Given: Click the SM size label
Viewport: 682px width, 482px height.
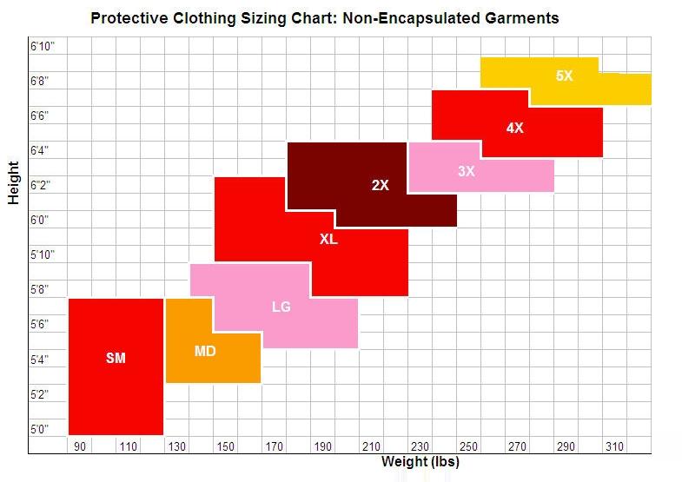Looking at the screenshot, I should [116, 358].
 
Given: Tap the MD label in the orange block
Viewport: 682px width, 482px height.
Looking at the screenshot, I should [205, 352].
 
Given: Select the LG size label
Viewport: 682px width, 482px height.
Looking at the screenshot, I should [281, 307].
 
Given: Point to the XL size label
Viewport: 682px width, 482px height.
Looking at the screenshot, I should [328, 239].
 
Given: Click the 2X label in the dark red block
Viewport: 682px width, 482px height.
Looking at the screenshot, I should [380, 185].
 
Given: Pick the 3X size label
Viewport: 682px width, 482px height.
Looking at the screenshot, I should [467, 172].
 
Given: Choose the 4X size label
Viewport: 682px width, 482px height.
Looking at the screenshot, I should [515, 128].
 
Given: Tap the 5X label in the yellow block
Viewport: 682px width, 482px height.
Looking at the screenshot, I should [565, 76].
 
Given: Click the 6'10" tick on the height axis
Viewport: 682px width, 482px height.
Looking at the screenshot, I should [42, 46].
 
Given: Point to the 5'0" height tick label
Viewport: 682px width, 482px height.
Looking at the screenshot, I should [40, 429].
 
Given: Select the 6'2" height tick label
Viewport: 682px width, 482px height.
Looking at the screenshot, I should [41, 186].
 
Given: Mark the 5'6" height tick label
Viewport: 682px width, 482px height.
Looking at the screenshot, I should [40, 325].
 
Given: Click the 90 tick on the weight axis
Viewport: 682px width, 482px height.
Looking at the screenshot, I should [80, 447].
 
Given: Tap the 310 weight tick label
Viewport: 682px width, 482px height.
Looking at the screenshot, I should [614, 447].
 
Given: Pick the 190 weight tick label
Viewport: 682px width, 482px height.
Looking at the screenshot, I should [323, 447].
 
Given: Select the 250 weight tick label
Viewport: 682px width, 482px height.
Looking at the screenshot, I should [468, 447].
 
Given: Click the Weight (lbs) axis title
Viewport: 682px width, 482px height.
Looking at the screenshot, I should [420, 462].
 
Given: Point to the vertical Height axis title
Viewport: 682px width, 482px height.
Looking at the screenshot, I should [13, 182].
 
